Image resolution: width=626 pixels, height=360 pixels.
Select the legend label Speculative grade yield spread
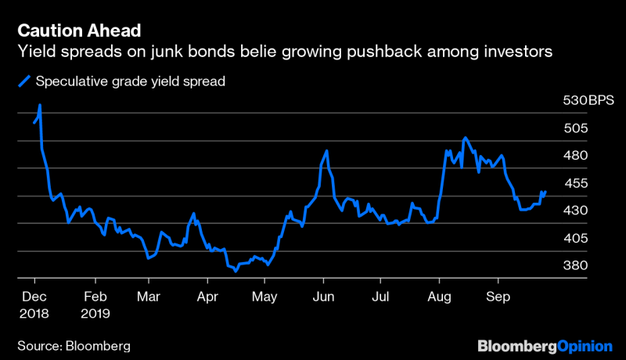point(131,81)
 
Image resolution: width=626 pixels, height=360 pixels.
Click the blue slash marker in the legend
point(25,81)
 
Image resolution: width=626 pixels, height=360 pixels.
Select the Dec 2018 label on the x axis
point(34,304)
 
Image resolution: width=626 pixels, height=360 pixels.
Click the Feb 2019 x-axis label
point(95,304)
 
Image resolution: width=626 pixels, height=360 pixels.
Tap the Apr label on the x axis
point(207,297)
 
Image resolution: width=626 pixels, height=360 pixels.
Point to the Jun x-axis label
point(323,297)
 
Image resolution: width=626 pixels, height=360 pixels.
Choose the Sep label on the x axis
point(498,297)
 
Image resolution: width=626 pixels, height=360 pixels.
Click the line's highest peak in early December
point(40,105)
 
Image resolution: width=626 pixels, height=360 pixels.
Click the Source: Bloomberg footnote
point(73,344)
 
